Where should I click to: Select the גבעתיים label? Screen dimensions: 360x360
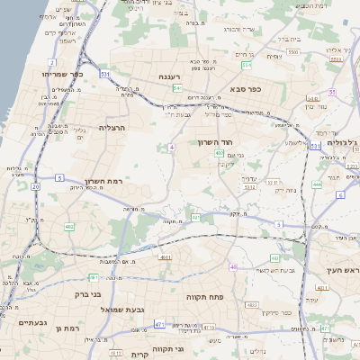click(31, 322)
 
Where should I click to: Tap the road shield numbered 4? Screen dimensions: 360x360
click(171, 146)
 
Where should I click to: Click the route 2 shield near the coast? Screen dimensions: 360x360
click(53, 62)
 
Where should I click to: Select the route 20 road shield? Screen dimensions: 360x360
click(36, 186)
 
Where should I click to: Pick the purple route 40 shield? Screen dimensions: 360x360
click(233, 266)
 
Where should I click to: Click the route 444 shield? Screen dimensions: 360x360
click(317, 184)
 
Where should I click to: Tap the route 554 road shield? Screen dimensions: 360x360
click(247, 65)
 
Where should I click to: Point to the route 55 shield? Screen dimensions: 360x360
click(332, 92)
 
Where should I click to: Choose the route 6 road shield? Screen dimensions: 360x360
click(341, 194)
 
